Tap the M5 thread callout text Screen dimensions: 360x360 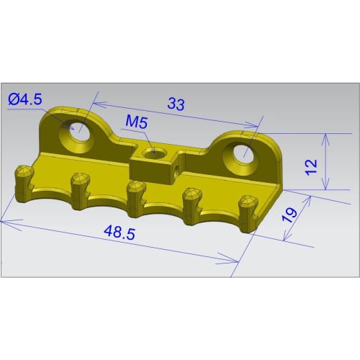pyautogui.click(x=136, y=122)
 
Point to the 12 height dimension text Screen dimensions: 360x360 pyautogui.click(x=310, y=166)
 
